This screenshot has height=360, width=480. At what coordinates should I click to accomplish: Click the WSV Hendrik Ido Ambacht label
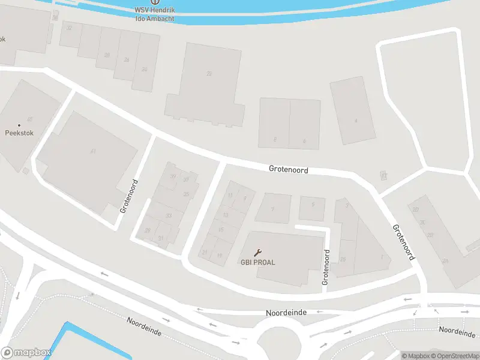coord(155,14)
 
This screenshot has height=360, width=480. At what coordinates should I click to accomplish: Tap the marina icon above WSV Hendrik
coord(155,2)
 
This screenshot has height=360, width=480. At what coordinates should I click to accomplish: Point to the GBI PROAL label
coord(258,262)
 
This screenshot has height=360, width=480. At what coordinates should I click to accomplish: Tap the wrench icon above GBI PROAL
coord(259,253)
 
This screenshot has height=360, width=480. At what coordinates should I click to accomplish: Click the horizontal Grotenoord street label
coord(289,170)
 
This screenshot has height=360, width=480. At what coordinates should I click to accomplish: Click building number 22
coord(209,74)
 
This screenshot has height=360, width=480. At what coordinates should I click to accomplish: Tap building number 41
coord(93,151)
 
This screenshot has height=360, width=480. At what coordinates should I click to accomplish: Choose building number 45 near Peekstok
coord(29,119)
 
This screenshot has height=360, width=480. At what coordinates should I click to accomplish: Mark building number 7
coord(272,209)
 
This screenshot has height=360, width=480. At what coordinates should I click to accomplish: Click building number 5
coord(313,205)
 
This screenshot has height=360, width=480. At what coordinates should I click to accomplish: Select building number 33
coord(169,215)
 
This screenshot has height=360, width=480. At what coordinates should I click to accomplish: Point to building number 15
coord(220,229)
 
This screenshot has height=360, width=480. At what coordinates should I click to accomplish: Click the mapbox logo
coord(26,353)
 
